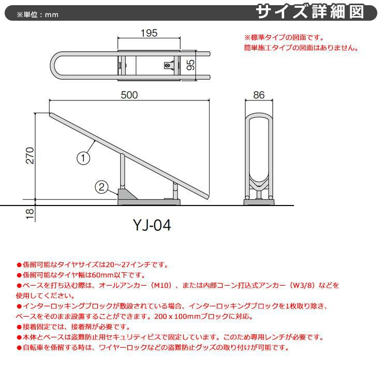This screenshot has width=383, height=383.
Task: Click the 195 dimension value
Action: (x=149, y=34)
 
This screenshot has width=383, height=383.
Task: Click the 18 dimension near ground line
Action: (x=30, y=212)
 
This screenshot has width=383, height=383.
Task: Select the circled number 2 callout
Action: (x=101, y=187)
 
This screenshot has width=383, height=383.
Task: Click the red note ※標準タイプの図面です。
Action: (x=284, y=37)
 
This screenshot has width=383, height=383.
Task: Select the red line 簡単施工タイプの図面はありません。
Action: (x=301, y=48)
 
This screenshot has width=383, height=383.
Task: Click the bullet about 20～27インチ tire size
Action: (x=93, y=265)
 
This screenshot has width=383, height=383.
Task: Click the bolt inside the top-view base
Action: (x=168, y=66)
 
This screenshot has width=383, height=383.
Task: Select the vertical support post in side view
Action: (x=122, y=171)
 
